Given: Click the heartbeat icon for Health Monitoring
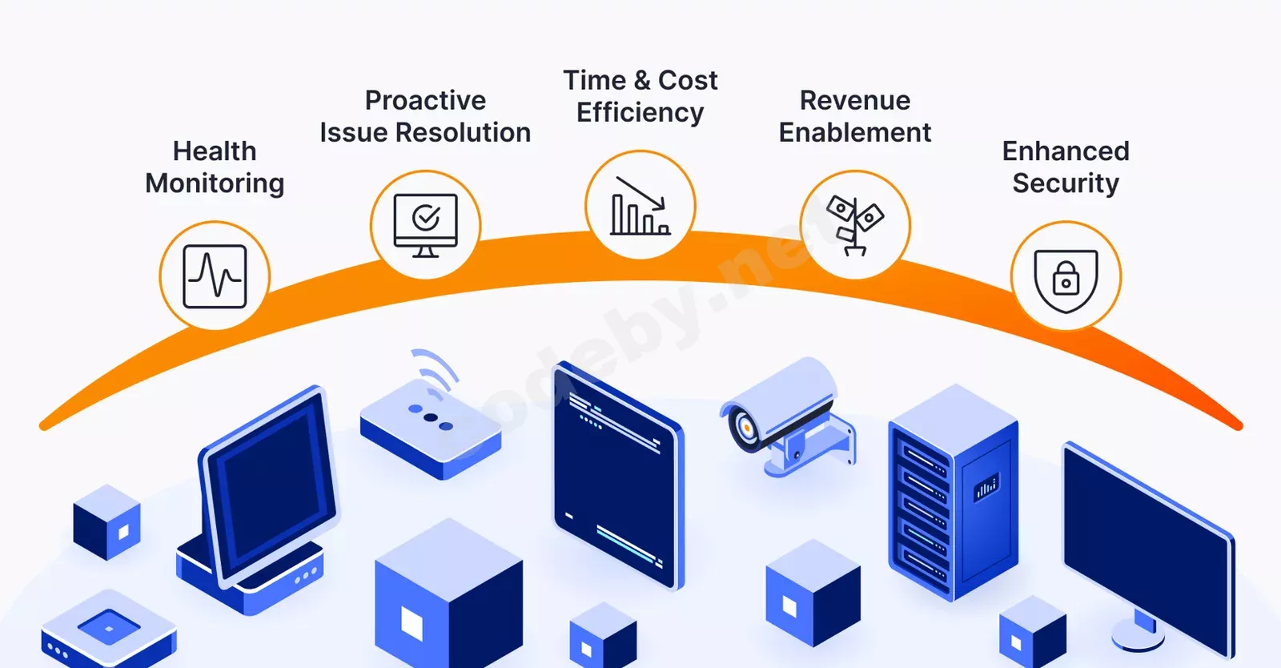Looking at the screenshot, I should point(215,276).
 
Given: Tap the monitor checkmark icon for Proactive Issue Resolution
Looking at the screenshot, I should point(425,224).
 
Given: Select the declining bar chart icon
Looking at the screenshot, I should point(640,205).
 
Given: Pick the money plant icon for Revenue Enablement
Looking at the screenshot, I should point(854,224).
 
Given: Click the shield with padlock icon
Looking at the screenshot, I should point(1066,277).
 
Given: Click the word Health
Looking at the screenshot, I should point(215,151).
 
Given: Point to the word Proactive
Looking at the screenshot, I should point(425,100).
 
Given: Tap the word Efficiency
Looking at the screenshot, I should point(640,113).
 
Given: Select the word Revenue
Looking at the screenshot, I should point(854,100).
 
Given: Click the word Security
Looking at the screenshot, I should point(1066,183).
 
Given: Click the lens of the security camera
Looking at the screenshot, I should point(745,429).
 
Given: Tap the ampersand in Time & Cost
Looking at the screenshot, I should point(641,81).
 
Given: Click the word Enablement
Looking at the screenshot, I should point(854,132).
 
